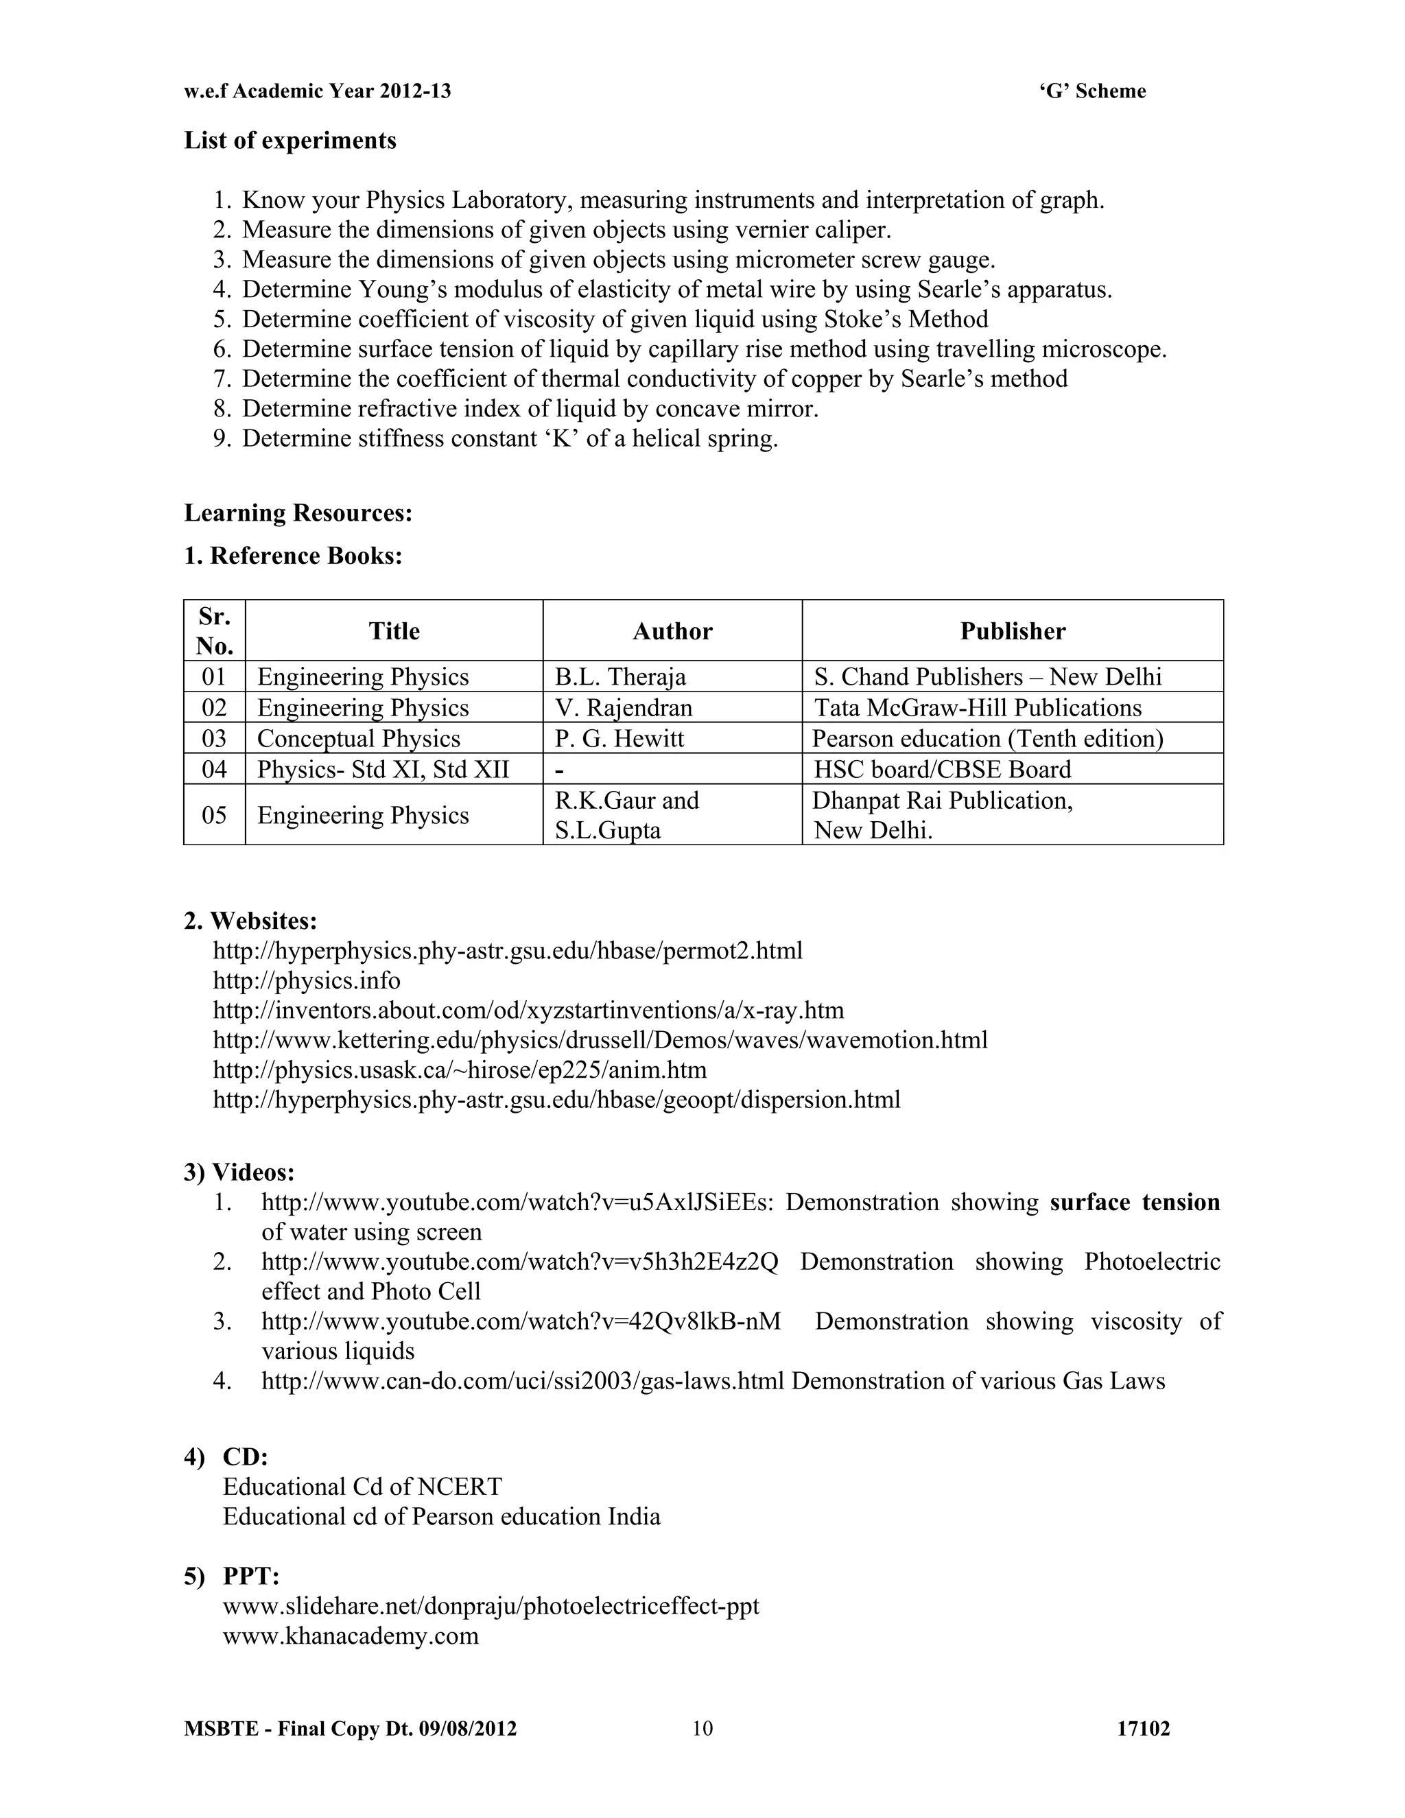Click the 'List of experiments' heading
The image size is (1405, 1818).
pyautogui.click(x=290, y=140)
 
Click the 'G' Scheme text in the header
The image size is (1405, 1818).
pyautogui.click(x=1091, y=91)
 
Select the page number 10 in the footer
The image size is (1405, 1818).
pyautogui.click(x=702, y=1729)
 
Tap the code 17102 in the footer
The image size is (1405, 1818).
pyautogui.click(x=1143, y=1729)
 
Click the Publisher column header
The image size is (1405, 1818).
pyautogui.click(x=1012, y=631)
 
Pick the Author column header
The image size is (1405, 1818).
pyautogui.click(x=672, y=631)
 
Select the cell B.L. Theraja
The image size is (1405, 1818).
pyautogui.click(x=620, y=676)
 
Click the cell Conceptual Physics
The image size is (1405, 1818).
pyautogui.click(x=358, y=738)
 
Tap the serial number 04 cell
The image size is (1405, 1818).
pyautogui.click(x=214, y=769)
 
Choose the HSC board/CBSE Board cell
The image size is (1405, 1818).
pyautogui.click(x=942, y=769)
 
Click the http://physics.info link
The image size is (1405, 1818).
pyautogui.click(x=306, y=980)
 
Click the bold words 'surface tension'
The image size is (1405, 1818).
pyautogui.click(x=1135, y=1202)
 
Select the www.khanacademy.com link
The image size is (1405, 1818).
pyautogui.click(x=351, y=1636)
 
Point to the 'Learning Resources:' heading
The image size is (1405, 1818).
pyautogui.click(x=298, y=512)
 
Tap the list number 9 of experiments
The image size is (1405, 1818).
pyautogui.click(x=222, y=438)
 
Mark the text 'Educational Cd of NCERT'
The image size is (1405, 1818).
pyautogui.click(x=362, y=1487)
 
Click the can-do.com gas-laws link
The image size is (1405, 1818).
pyautogui.click(x=523, y=1381)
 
